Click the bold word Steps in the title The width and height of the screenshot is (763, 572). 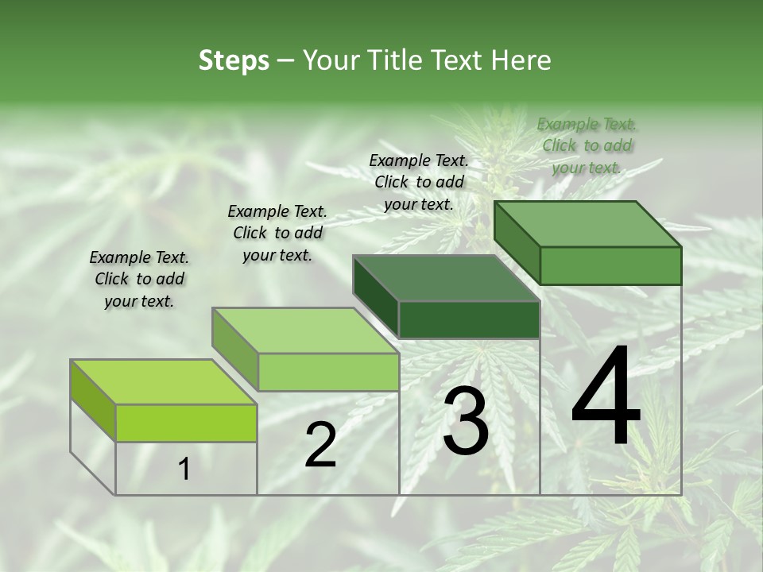(x=234, y=60)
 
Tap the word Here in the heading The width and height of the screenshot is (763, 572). (x=521, y=60)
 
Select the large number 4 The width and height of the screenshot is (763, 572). (x=606, y=397)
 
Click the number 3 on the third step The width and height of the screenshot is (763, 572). (x=465, y=421)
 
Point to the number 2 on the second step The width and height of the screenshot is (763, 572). (x=320, y=445)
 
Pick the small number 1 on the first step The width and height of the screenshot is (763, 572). (x=184, y=470)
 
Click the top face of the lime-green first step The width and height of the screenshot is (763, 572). (x=163, y=382)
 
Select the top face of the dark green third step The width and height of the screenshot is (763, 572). (x=446, y=278)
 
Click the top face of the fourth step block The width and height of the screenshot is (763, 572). (x=587, y=224)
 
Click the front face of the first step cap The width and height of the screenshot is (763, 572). (x=186, y=423)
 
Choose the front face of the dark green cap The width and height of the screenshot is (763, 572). (x=469, y=319)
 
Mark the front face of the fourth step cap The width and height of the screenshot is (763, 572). (x=610, y=265)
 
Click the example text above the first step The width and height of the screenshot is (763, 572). (x=139, y=280)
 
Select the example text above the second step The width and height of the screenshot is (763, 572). (x=277, y=233)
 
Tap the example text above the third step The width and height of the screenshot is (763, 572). (x=419, y=182)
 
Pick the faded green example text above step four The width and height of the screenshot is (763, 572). (x=587, y=145)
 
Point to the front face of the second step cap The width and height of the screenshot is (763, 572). (x=327, y=372)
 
